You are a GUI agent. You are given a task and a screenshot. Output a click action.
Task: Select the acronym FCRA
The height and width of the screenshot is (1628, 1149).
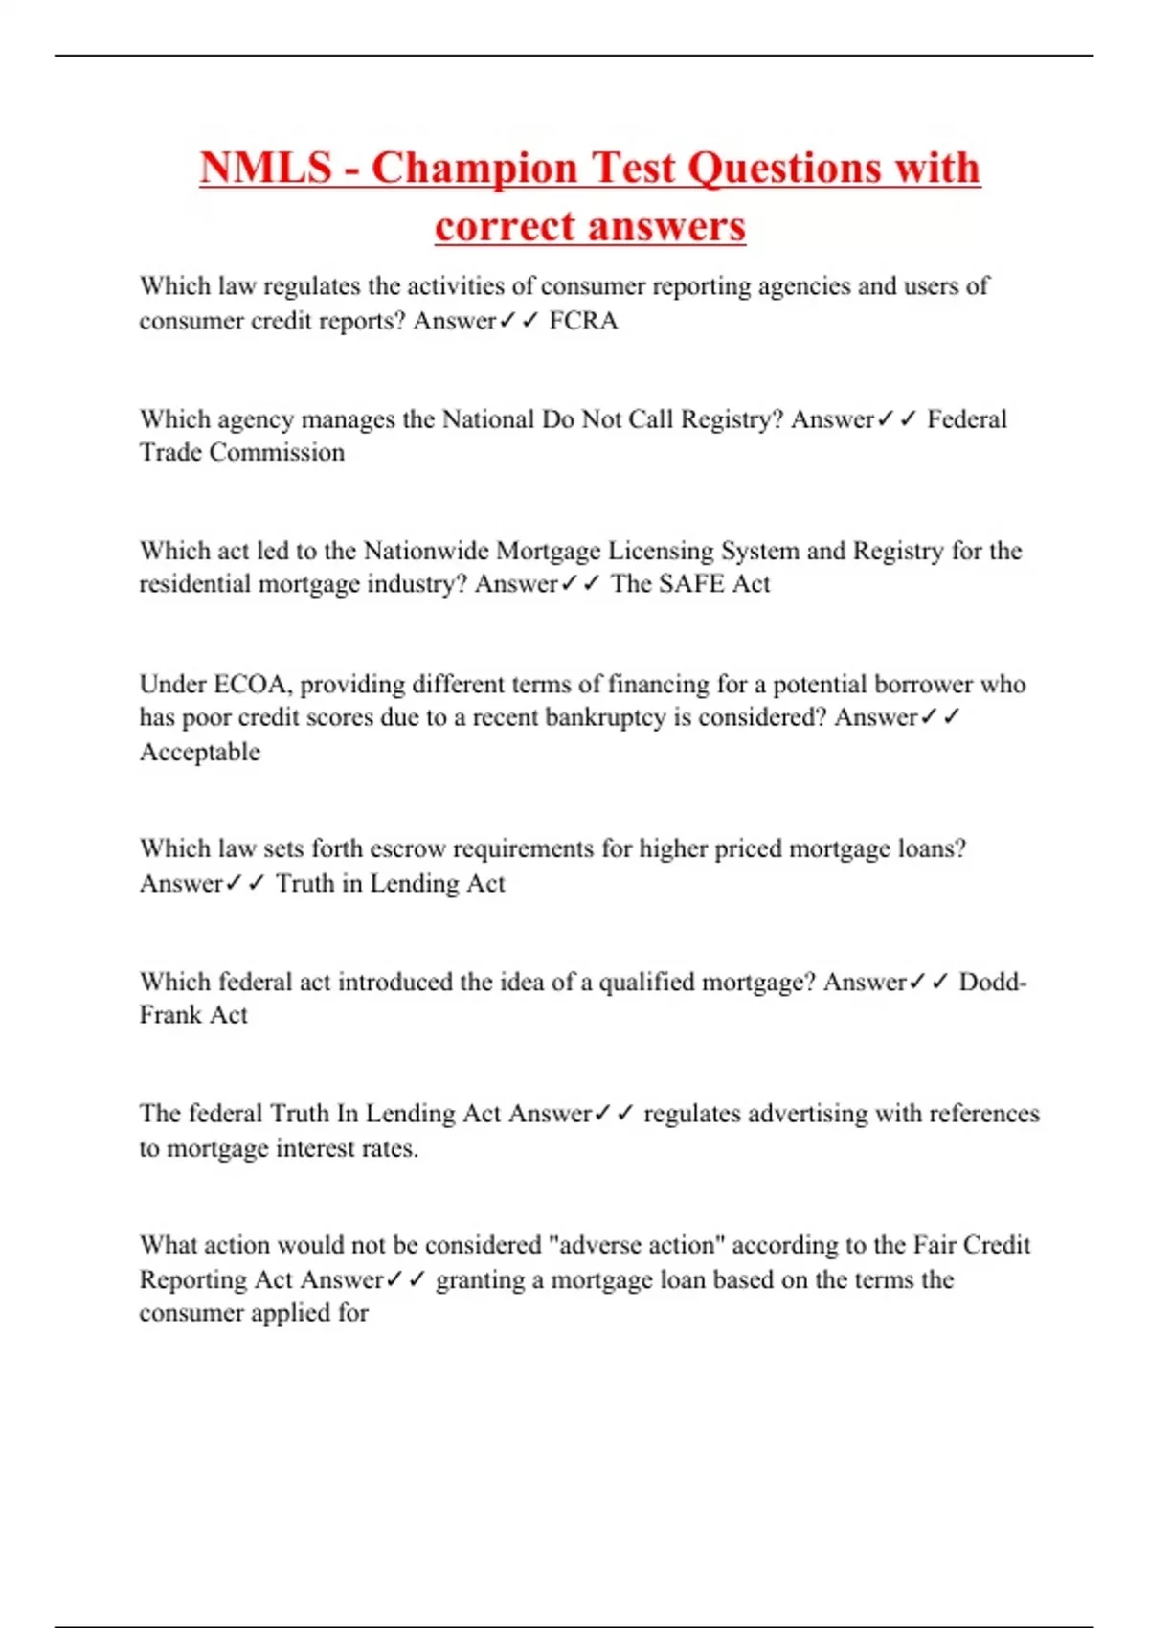(x=583, y=321)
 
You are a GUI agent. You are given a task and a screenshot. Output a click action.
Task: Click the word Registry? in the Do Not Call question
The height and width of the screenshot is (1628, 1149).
(x=732, y=419)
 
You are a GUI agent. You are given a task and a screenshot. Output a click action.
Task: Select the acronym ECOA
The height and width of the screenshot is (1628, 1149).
(x=251, y=684)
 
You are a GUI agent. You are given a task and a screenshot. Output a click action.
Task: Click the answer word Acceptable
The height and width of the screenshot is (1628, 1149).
(x=199, y=752)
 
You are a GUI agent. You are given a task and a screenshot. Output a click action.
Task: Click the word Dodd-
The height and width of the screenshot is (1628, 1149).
(x=993, y=982)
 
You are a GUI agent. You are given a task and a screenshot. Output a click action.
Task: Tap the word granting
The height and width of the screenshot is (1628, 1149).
(x=480, y=1280)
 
